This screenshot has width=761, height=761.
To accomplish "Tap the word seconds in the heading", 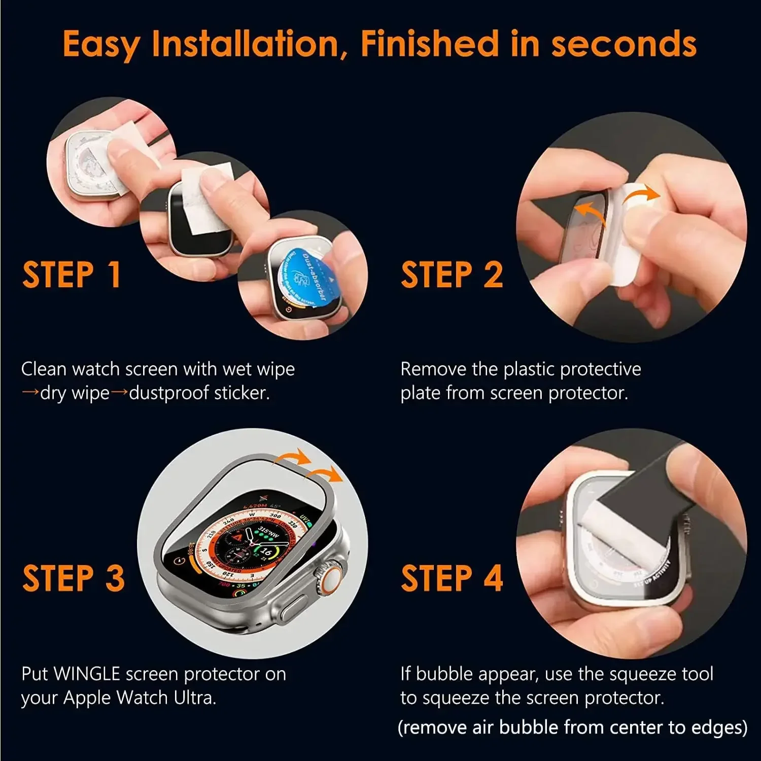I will click(x=624, y=44).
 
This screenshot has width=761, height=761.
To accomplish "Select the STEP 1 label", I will click(x=72, y=274).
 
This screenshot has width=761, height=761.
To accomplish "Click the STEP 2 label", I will click(x=452, y=274).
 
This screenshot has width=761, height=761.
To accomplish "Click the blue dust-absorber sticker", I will click(x=305, y=276).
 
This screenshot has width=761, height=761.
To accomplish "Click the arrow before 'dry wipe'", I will click(x=30, y=393).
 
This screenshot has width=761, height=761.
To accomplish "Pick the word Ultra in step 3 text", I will click(x=195, y=698).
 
